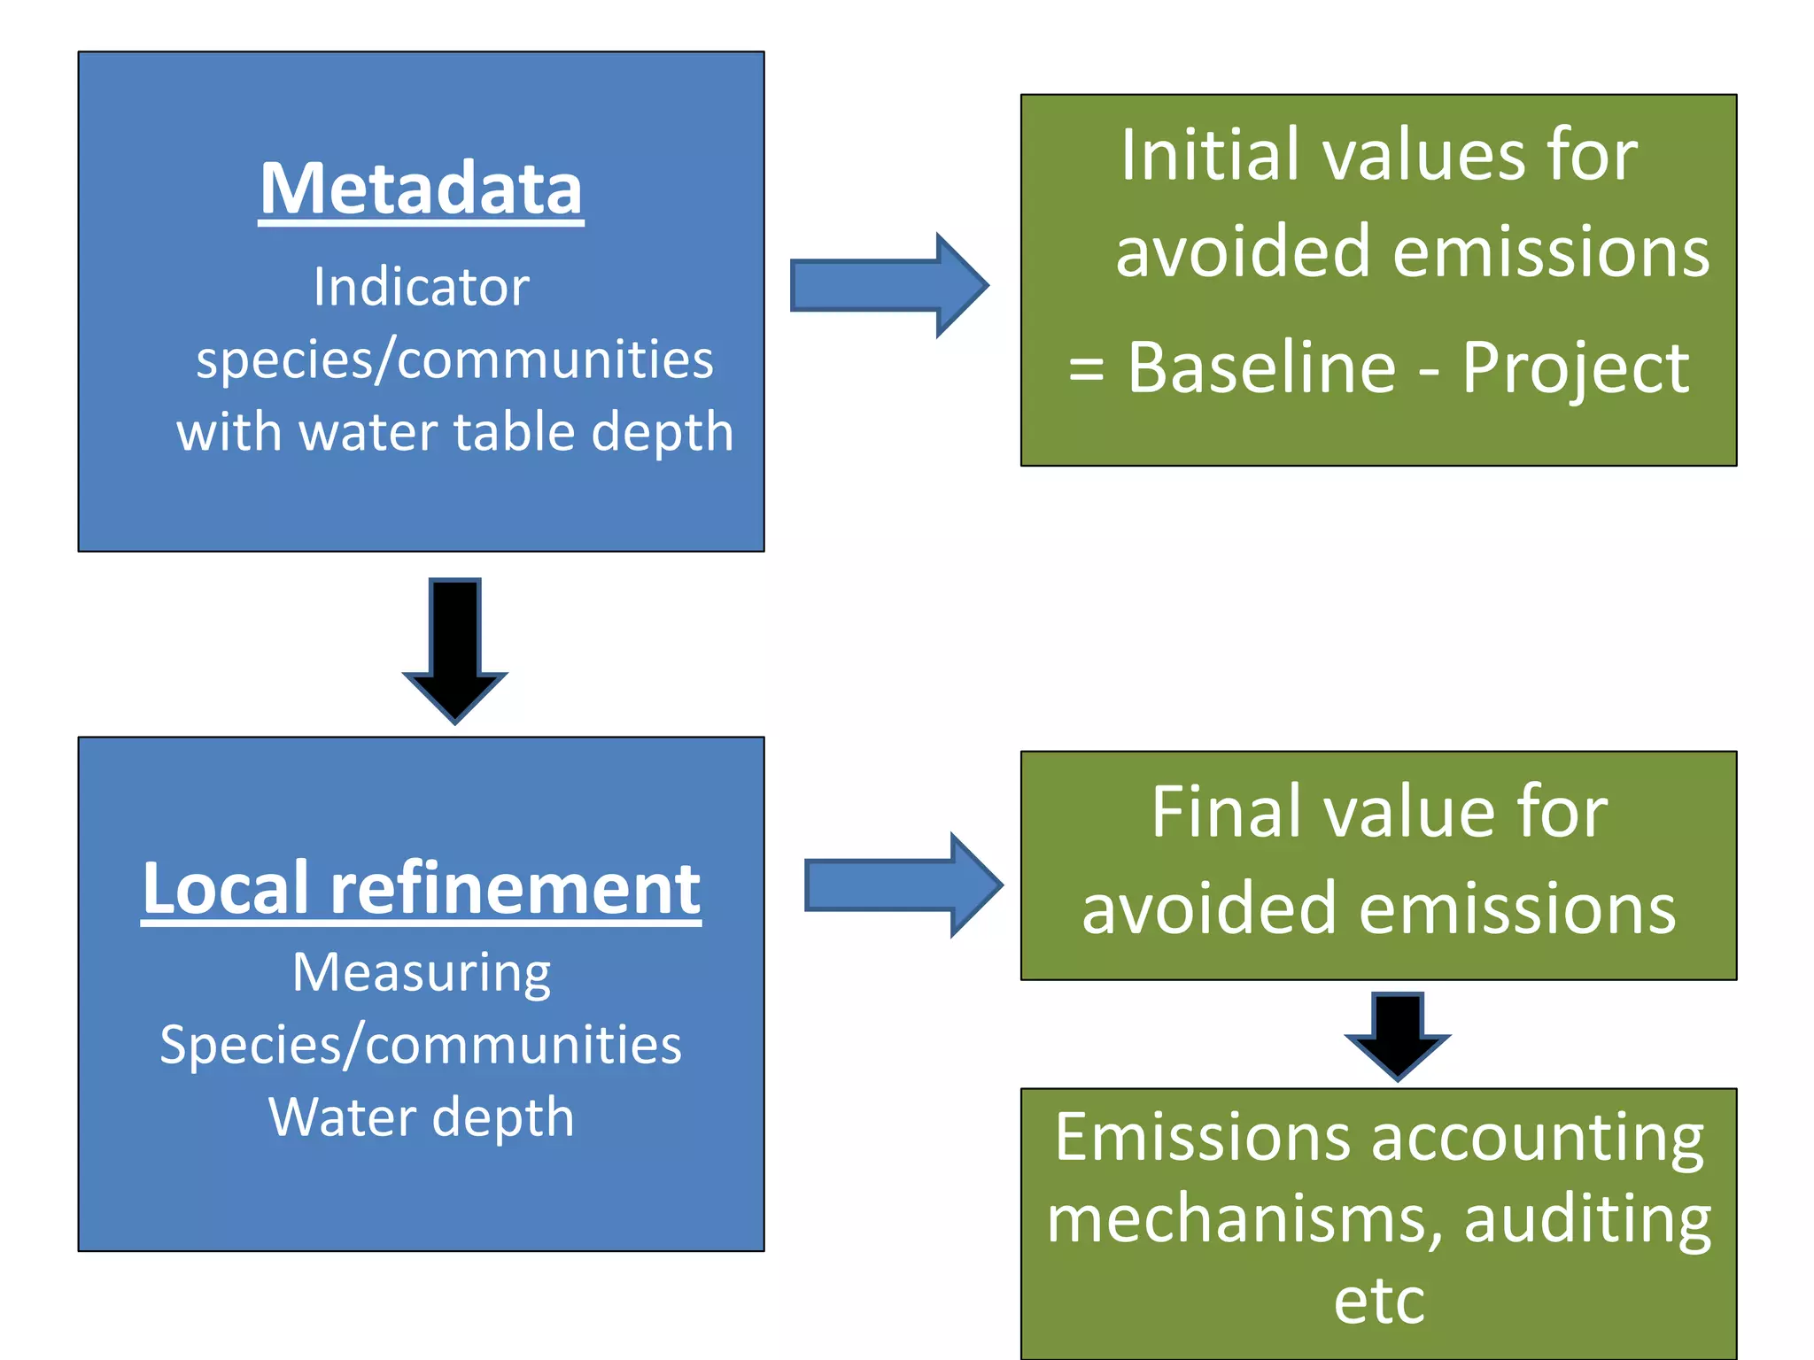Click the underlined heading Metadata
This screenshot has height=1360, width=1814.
(x=421, y=189)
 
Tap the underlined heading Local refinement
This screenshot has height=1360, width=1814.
(x=421, y=888)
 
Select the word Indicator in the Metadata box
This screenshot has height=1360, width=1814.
(x=421, y=288)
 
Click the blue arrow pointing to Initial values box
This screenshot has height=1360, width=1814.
(x=888, y=285)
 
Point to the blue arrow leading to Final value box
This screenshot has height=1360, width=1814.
(x=903, y=885)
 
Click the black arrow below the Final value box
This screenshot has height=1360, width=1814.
(x=1397, y=1035)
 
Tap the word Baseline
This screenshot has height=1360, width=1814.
(x=1261, y=367)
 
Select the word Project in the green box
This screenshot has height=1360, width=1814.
(x=1575, y=369)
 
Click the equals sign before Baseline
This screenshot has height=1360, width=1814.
(x=1086, y=369)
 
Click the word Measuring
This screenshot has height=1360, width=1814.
(x=421, y=974)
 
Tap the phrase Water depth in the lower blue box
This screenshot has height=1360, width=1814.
(x=421, y=1117)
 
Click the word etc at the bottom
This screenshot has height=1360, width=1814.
(x=1379, y=1302)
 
